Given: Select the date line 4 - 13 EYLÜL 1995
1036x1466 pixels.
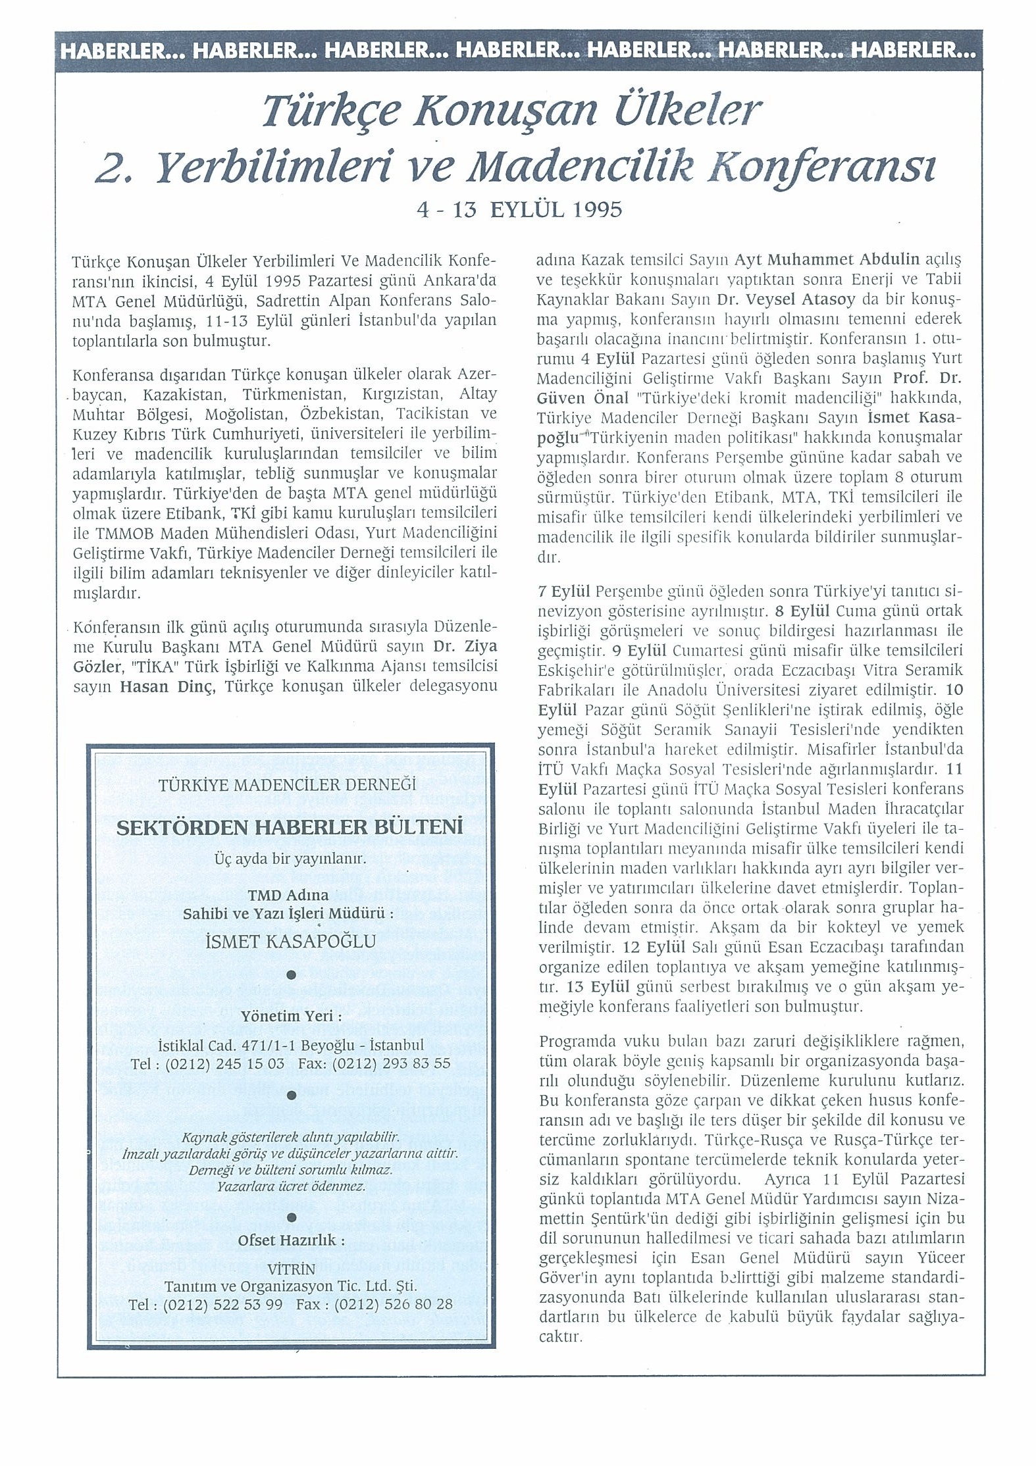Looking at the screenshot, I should click(519, 210).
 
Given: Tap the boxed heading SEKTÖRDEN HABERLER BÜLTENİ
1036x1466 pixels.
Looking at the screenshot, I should click(290, 827).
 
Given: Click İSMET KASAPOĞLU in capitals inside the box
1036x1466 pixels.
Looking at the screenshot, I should click(290, 942).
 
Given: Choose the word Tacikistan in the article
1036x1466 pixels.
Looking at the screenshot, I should click(430, 415).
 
